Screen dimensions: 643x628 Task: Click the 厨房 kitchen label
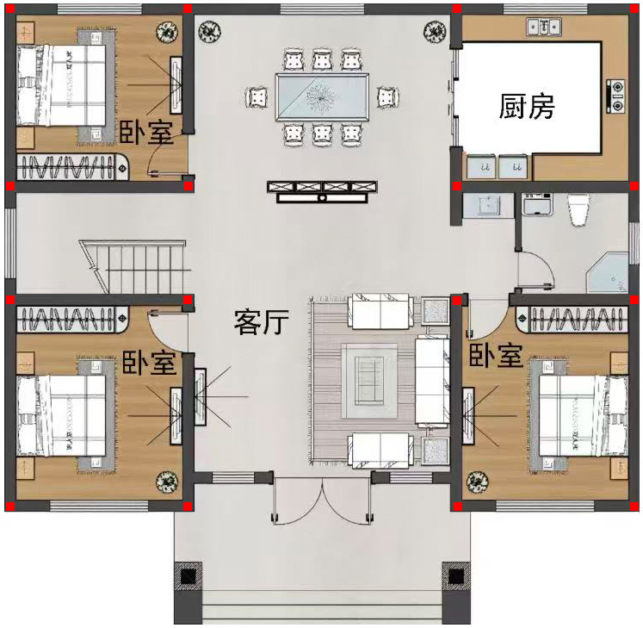click(527, 106)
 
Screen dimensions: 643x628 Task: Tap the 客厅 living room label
click(262, 322)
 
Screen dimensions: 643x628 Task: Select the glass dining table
click(322, 96)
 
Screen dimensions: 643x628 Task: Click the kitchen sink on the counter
click(544, 27)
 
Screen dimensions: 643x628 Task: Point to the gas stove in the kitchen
click(616, 96)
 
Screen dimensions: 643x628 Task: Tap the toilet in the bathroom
click(578, 209)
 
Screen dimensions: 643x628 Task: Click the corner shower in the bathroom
click(608, 272)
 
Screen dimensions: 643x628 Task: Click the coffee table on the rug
click(369, 381)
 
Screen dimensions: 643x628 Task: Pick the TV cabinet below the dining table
click(322, 192)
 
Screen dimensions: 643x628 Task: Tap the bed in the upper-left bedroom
click(61, 86)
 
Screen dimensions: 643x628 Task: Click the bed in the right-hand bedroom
click(583, 415)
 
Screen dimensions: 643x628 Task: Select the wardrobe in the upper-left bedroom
click(72, 166)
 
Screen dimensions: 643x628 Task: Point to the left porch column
click(189, 575)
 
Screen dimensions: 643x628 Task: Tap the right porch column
click(456, 575)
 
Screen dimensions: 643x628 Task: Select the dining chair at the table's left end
click(257, 97)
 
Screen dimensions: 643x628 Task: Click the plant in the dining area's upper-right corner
click(435, 32)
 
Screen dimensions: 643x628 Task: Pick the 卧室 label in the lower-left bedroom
click(149, 362)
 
